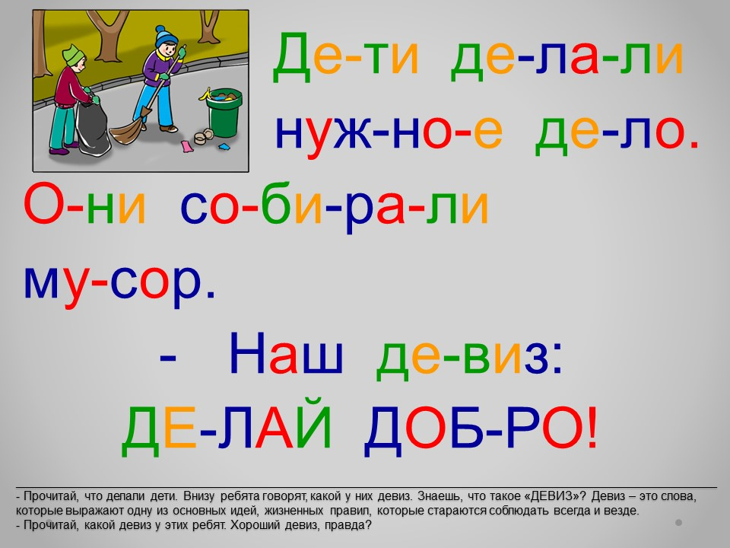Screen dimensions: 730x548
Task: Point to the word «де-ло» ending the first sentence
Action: pos(617,132)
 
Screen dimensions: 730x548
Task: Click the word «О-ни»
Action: pos(84,205)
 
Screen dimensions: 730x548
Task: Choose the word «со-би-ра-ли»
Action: pos(334,206)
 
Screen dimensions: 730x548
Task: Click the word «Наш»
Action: pos(286,354)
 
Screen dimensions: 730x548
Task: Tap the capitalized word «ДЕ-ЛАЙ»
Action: pos(227,426)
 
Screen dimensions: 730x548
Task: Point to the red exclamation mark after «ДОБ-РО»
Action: pos(592,427)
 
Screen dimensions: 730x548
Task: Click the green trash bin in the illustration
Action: pos(224,113)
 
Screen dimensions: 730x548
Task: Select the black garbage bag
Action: pos(92,127)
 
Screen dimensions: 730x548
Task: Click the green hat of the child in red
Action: pos(74,55)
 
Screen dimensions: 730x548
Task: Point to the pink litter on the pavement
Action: pos(187,146)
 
